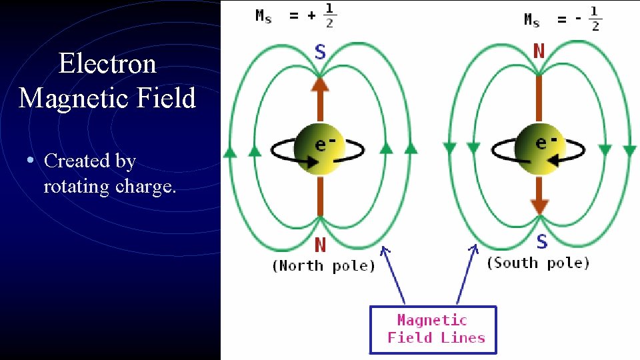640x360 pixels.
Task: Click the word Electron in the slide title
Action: (x=107, y=64)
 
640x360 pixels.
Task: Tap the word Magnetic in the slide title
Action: (x=61, y=99)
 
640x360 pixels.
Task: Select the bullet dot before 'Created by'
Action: (x=30, y=161)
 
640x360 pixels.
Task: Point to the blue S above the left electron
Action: (x=320, y=52)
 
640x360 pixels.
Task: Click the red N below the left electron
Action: (x=320, y=245)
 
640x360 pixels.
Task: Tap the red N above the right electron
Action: (x=539, y=51)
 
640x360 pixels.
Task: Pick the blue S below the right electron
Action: (x=541, y=241)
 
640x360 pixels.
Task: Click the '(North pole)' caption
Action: (x=323, y=266)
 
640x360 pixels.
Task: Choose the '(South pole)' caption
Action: (x=538, y=263)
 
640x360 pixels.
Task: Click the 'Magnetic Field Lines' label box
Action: (x=433, y=329)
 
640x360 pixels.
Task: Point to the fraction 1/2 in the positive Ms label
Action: (x=329, y=15)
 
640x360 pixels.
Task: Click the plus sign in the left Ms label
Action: (x=311, y=16)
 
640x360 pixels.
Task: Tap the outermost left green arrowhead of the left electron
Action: (x=230, y=152)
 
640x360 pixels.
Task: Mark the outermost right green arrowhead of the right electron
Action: (x=629, y=151)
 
